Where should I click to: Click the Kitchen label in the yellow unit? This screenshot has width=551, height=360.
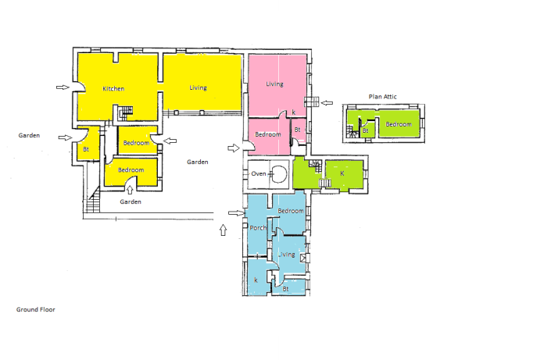point(113,88)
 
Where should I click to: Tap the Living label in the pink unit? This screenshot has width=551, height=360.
point(274,84)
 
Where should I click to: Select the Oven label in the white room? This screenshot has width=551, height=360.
point(258,173)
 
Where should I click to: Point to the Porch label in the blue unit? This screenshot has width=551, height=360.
point(258,227)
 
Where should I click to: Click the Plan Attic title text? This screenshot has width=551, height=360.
point(382,97)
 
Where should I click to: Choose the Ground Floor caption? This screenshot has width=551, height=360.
point(35,309)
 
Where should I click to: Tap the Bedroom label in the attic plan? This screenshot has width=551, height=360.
point(398,124)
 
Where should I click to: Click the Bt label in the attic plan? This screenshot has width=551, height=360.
point(366,130)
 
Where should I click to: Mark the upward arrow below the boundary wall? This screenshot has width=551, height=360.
point(223,230)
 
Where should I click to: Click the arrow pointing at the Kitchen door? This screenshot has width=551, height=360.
point(63,87)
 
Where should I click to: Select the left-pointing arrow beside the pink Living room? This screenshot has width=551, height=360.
point(327,103)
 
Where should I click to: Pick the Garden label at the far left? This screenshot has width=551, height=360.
point(29,135)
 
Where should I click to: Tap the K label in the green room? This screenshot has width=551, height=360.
point(342,173)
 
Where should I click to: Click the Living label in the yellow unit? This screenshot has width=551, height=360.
point(198,87)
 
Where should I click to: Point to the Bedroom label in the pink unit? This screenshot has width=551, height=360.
point(268,134)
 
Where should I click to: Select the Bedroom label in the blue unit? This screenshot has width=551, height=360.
point(291,211)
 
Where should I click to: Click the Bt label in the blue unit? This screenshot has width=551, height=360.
point(285,289)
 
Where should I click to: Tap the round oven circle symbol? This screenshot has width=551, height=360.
point(279,174)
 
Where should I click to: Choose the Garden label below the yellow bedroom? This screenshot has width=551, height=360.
point(131,201)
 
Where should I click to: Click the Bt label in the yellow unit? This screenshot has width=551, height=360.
point(86,149)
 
